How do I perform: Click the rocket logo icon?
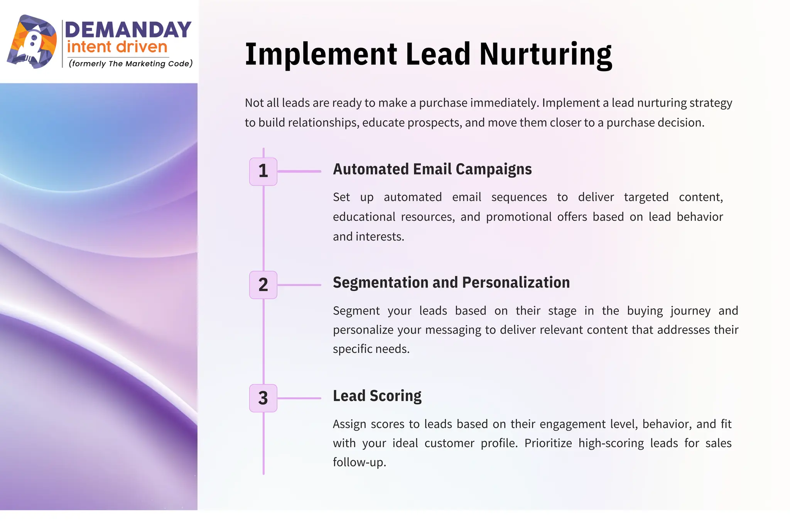point(32,42)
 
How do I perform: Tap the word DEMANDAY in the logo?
point(128,30)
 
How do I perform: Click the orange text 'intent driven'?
point(117,47)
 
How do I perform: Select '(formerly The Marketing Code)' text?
point(130,64)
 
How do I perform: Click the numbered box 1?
point(263,171)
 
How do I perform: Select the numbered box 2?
point(263,285)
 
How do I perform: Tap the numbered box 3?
point(263,398)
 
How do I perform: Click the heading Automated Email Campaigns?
point(432,169)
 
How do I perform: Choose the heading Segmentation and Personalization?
point(451,283)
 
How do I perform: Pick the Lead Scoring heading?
point(377,396)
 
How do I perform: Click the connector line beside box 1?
point(299,171)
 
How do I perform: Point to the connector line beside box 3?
point(299,398)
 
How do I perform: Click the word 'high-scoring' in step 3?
point(611,443)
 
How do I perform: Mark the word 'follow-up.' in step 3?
point(359,462)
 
